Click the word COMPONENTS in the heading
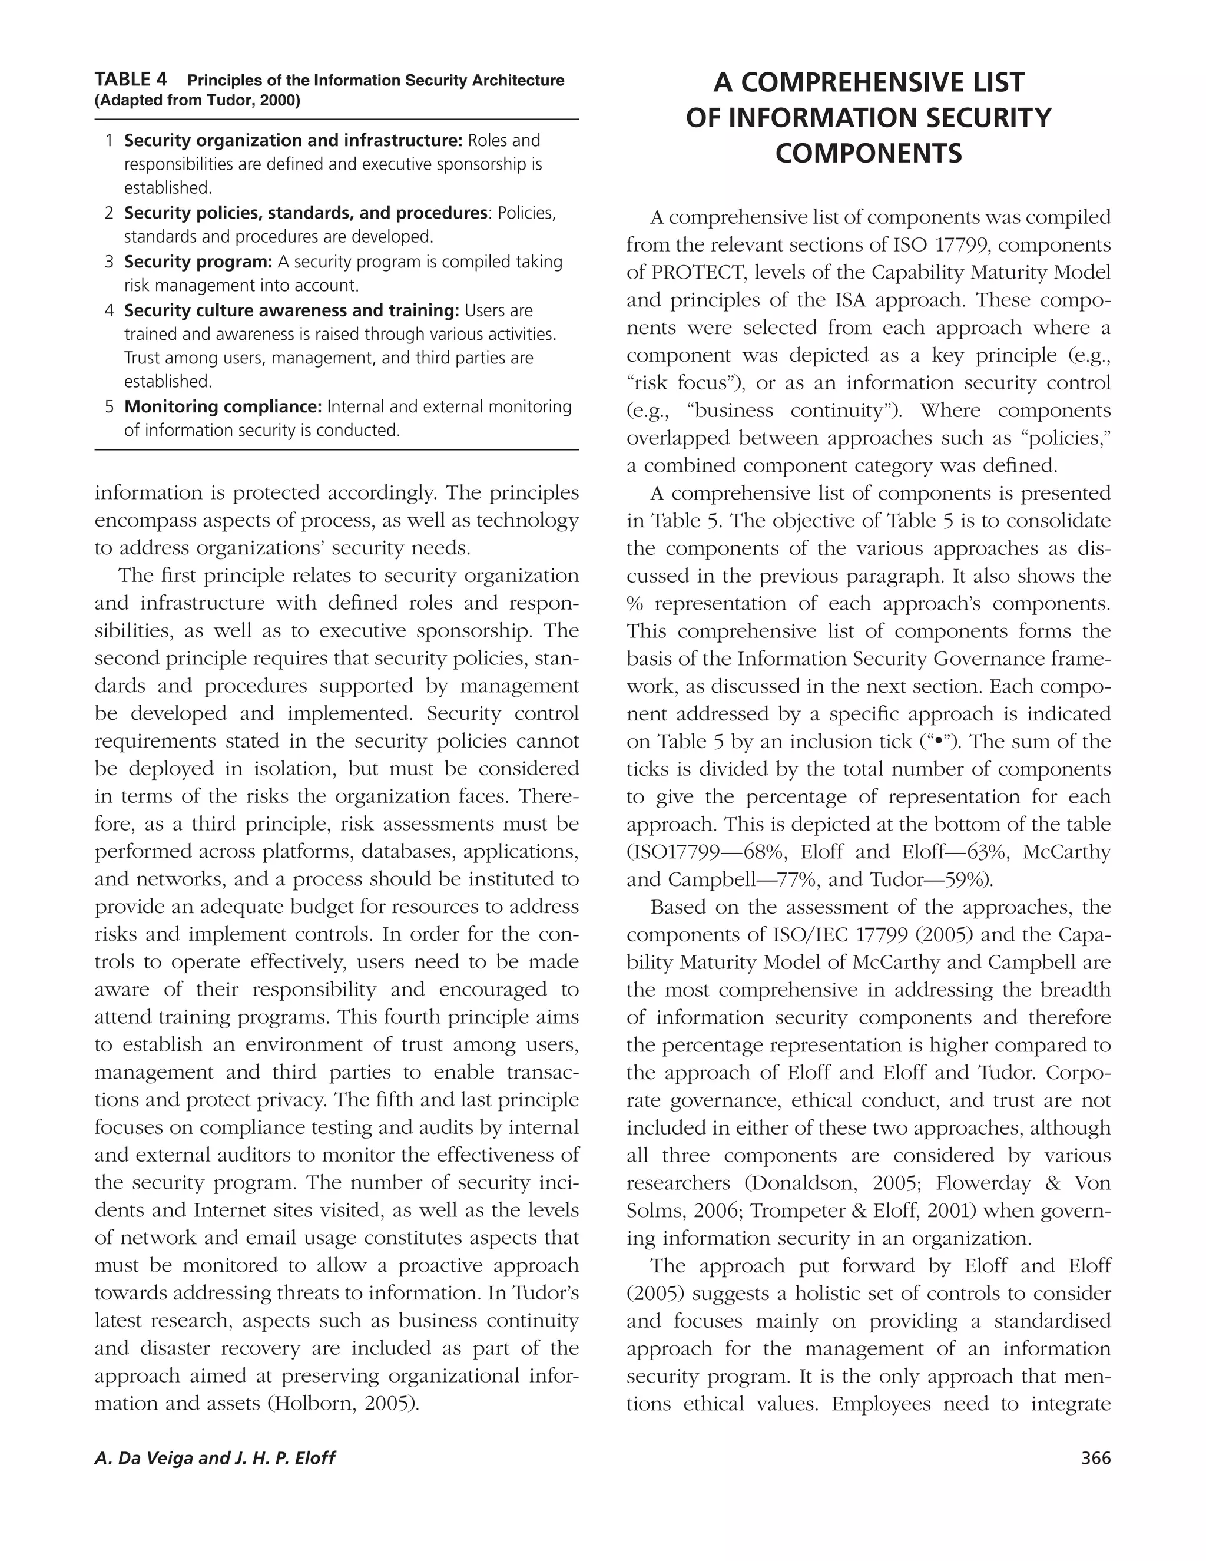(868, 154)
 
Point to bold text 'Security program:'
(198, 262)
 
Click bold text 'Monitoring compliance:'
(224, 406)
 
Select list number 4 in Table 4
(110, 311)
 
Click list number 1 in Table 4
(110, 141)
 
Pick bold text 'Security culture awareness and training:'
(291, 311)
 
